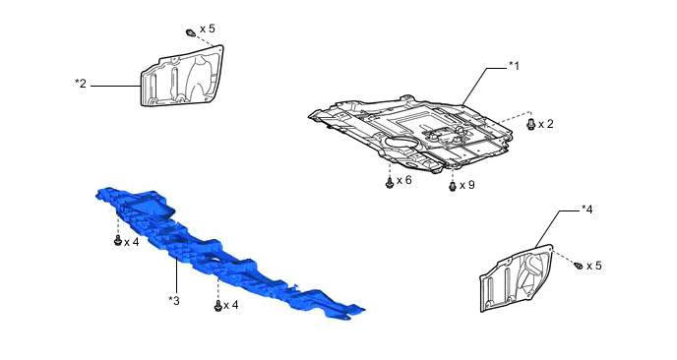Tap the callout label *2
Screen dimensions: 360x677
81,84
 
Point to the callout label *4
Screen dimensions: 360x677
586,209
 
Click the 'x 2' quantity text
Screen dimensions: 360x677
546,125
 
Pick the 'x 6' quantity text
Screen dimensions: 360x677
404,181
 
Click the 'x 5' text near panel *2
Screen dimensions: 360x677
207,29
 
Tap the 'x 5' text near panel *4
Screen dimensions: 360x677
593,266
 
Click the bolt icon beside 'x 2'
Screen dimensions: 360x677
531,125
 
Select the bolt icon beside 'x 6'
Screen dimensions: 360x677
390,182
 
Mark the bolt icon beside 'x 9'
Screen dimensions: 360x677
453,185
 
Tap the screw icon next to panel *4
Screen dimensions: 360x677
578,266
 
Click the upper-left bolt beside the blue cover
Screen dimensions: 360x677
118,239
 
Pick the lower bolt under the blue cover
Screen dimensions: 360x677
216,306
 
